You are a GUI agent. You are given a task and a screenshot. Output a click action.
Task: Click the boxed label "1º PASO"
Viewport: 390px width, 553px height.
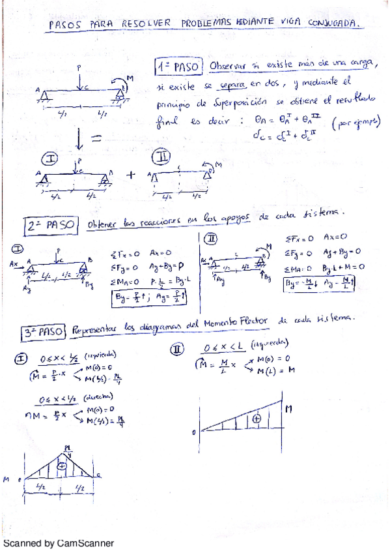click(180, 66)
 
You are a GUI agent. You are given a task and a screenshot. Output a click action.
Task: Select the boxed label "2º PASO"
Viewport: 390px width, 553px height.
click(53, 225)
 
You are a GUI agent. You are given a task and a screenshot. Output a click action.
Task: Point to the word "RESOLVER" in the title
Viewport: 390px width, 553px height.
click(146, 23)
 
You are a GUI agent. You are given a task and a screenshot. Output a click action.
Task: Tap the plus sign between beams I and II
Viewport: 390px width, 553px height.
click(130, 174)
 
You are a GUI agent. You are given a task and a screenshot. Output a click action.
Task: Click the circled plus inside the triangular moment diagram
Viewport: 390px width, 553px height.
click(62, 466)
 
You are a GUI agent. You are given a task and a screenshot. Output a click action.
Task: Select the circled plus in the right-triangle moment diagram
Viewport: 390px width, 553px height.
click(257, 419)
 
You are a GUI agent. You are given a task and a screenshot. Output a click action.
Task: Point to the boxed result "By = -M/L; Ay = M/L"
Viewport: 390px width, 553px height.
click(322, 284)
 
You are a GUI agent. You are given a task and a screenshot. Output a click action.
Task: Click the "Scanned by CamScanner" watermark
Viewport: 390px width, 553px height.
click(59, 543)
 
